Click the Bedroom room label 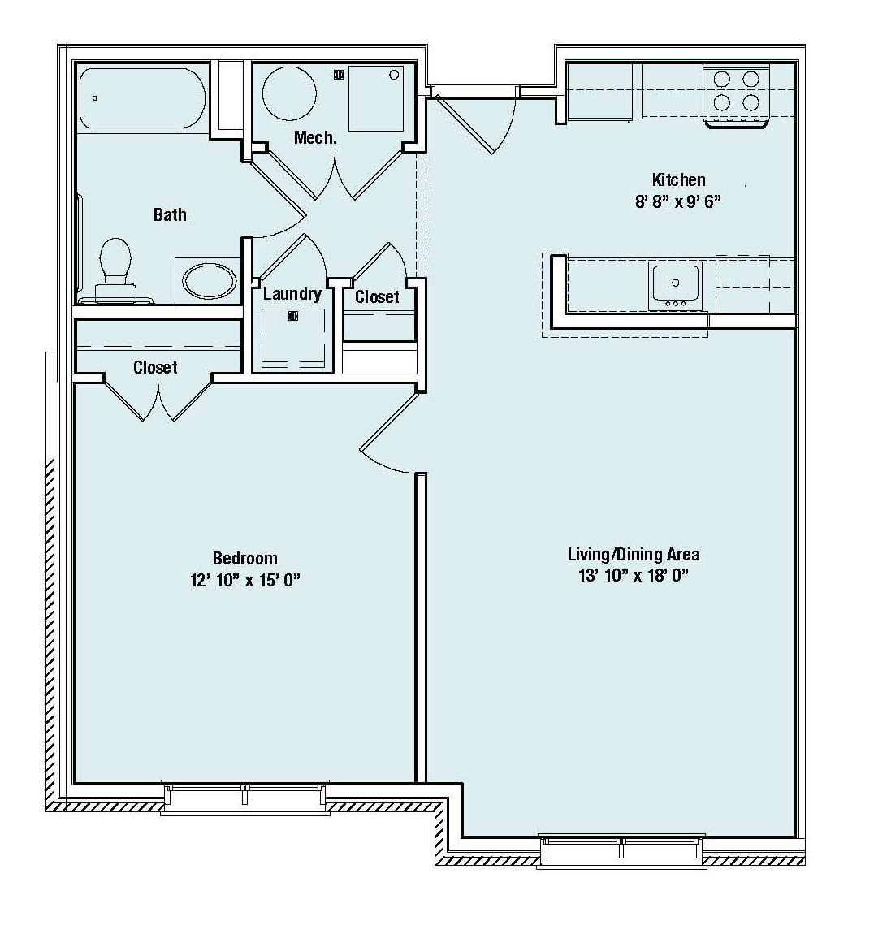(x=244, y=558)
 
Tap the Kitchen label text (x=678, y=179)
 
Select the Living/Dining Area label (x=634, y=555)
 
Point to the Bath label (x=170, y=214)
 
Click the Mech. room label (x=315, y=137)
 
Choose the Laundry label (x=292, y=294)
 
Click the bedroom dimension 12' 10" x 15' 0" (x=244, y=580)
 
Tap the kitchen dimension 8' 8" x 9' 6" (x=678, y=201)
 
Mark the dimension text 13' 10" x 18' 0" (x=634, y=575)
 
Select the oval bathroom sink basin (x=209, y=281)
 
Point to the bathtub (x=142, y=98)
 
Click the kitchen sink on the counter (x=676, y=285)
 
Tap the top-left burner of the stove (x=721, y=80)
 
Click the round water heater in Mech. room (x=289, y=94)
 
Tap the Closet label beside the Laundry (x=377, y=296)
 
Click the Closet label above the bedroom (x=155, y=368)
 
